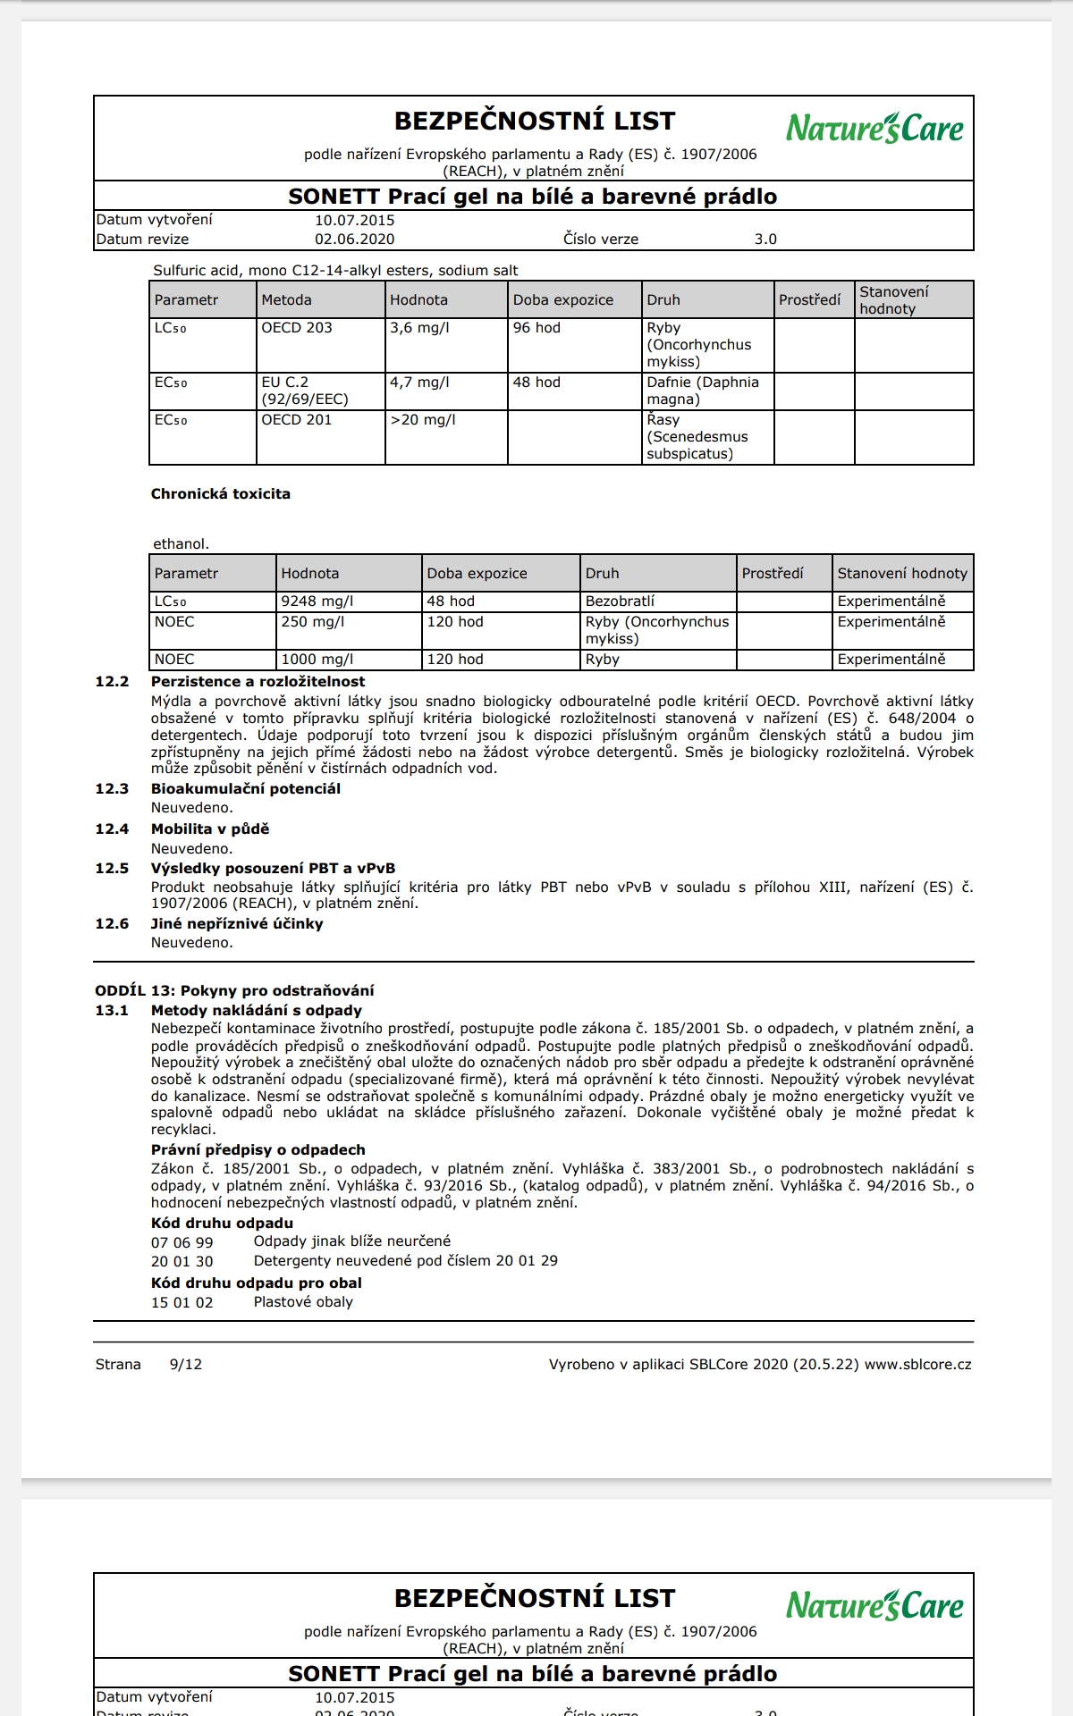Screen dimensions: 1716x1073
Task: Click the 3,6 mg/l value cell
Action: [x=419, y=328]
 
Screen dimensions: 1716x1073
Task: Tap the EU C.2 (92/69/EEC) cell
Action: [x=305, y=391]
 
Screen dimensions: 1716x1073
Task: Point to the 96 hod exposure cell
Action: [x=536, y=328]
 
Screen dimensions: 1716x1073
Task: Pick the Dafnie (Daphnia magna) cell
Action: [x=703, y=391]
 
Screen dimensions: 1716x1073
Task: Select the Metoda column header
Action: [x=286, y=300]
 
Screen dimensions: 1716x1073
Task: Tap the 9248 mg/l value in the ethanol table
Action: [x=317, y=601]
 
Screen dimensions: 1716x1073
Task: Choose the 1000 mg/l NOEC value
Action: [x=317, y=660]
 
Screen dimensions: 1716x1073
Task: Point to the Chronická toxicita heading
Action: [x=220, y=494]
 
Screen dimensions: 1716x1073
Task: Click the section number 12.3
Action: [x=112, y=789]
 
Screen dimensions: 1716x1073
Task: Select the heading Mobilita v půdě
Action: [x=210, y=829]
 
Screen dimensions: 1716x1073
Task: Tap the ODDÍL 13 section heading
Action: [x=234, y=991]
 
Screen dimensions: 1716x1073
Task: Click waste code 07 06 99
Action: [x=182, y=1243]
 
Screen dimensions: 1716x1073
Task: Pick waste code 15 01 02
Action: [x=182, y=1303]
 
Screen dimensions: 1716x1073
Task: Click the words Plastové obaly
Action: [x=303, y=1302]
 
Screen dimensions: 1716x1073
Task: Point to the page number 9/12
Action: [x=185, y=1365]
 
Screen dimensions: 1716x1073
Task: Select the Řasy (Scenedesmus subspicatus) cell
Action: [x=697, y=437]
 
